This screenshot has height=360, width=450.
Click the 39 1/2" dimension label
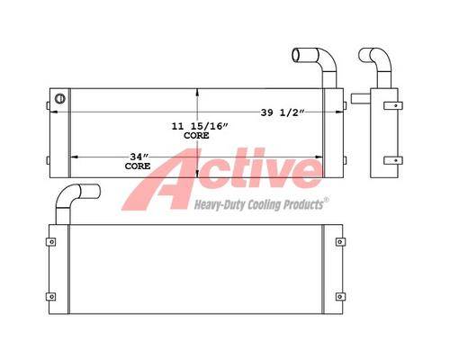coord(283,112)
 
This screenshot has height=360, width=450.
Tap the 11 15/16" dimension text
coord(200,126)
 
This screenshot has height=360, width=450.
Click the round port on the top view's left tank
coord(59,98)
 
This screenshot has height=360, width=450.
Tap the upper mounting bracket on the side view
coord(393,105)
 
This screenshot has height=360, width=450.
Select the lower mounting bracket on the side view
coord(393,160)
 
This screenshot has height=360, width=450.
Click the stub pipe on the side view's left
coord(361,99)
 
